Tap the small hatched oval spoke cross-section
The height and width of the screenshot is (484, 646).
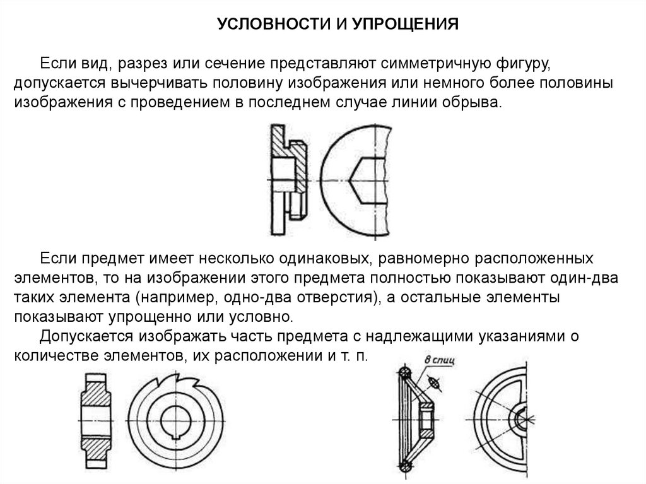tap(432, 382)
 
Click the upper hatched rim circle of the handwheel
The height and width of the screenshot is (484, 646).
tap(404, 372)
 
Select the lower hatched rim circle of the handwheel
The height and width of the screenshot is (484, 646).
tap(405, 466)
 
